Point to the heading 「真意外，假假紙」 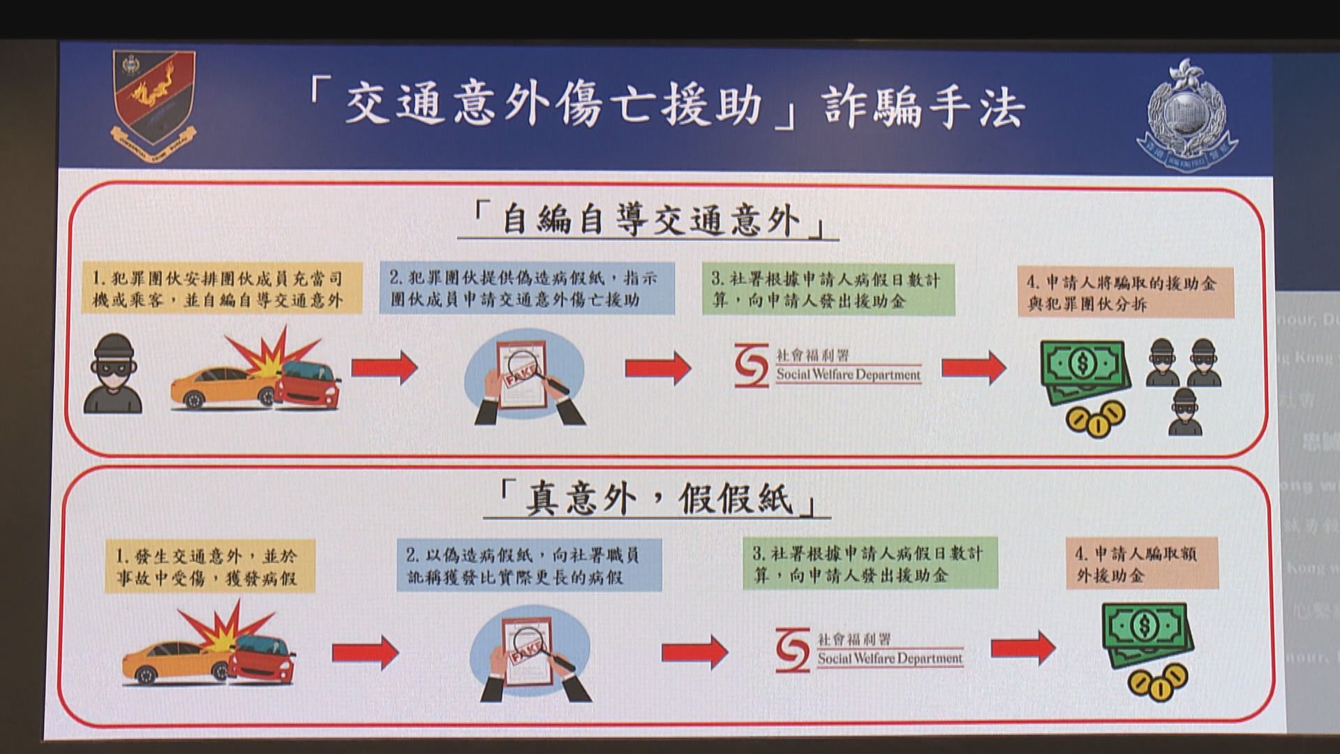[x=657, y=498]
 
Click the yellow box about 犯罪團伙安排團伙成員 [x=222, y=288]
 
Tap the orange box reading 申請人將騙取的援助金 [x=1125, y=293]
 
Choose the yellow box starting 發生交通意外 [x=209, y=566]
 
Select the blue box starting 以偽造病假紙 [x=529, y=565]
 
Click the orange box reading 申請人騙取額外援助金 [x=1142, y=564]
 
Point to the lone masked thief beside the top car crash [x=112, y=374]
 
